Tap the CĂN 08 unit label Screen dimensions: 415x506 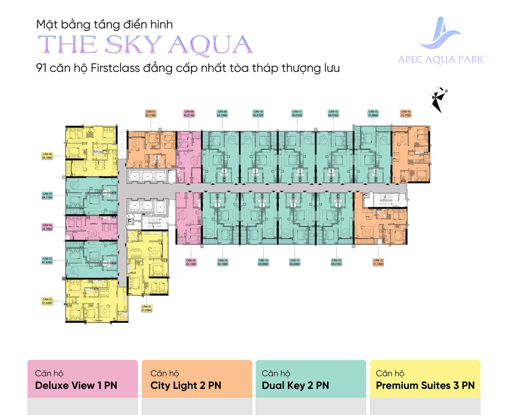(189, 113)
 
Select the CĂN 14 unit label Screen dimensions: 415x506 (406, 113)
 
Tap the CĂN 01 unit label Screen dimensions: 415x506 (146, 308)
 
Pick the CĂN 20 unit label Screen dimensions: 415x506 (190, 262)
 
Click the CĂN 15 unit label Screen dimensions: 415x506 (378, 262)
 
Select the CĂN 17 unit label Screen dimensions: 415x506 (294, 262)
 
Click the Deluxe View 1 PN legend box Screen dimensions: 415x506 (83, 379)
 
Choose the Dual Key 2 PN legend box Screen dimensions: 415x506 (310, 379)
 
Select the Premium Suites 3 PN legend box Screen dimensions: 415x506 (425, 379)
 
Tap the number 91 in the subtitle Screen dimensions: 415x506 (43, 68)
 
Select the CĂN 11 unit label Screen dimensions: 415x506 (297, 113)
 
